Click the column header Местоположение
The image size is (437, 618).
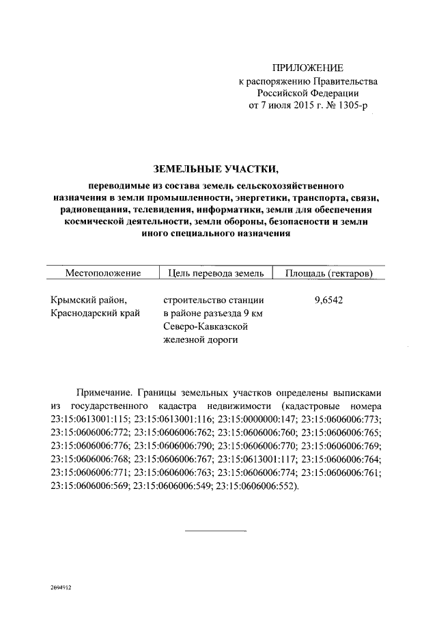click(x=103, y=273)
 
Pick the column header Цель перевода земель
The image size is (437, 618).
click(x=214, y=273)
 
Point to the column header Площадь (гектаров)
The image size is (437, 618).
click(x=329, y=273)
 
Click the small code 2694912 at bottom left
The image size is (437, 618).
click(x=60, y=587)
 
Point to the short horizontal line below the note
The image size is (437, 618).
click(x=216, y=530)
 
